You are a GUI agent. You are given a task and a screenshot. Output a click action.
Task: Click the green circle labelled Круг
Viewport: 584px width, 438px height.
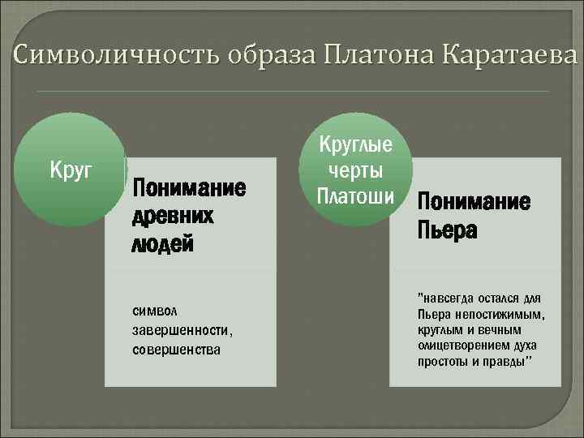click(71, 171)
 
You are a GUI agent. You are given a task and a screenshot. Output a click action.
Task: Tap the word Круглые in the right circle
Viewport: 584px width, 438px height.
click(355, 146)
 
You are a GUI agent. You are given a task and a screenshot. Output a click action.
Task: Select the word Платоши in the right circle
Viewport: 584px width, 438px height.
click(355, 196)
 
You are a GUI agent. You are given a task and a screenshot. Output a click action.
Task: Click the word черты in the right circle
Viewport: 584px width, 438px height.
click(355, 171)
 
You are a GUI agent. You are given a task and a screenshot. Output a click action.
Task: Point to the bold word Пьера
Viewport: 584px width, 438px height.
click(447, 231)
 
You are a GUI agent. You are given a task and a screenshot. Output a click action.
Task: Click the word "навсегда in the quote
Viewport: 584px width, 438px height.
click(444, 298)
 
